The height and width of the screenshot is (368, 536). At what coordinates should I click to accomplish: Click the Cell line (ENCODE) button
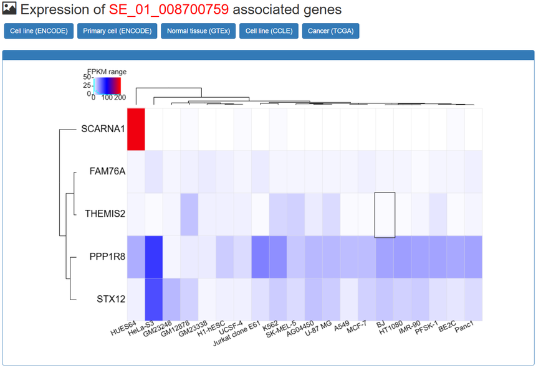click(39, 31)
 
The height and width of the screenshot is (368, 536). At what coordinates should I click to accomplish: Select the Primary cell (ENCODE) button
click(117, 31)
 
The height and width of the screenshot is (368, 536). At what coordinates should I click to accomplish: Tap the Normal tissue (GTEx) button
click(198, 31)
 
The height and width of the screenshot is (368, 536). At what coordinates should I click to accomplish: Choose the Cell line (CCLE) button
click(269, 31)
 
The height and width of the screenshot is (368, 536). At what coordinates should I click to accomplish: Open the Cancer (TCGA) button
click(330, 31)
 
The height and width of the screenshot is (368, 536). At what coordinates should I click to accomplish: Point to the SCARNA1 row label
click(103, 130)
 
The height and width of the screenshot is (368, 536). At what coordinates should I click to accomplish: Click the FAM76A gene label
click(108, 172)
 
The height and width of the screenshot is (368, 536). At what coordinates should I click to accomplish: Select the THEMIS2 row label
click(105, 214)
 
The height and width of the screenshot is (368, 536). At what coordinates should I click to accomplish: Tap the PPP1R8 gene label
click(105, 257)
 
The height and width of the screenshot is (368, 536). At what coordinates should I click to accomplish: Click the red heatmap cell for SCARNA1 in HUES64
click(136, 129)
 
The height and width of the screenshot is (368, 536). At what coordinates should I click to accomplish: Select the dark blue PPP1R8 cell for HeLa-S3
click(154, 257)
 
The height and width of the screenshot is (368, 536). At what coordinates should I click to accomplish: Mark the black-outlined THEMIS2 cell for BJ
click(385, 214)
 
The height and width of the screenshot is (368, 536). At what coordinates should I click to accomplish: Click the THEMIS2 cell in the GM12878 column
click(189, 214)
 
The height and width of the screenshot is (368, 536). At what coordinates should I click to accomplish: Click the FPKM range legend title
click(107, 72)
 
